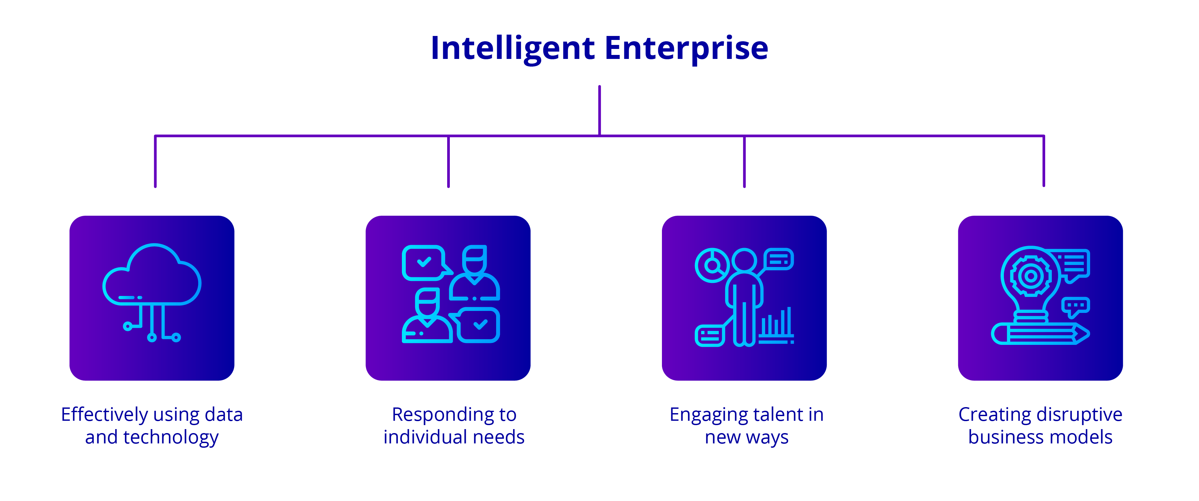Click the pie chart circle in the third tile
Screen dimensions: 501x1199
pos(711,265)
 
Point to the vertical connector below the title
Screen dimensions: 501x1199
pos(599,110)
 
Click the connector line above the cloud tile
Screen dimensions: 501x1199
pos(155,163)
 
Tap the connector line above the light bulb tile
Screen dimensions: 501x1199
pos(1044,163)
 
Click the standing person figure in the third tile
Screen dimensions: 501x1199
pos(744,298)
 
